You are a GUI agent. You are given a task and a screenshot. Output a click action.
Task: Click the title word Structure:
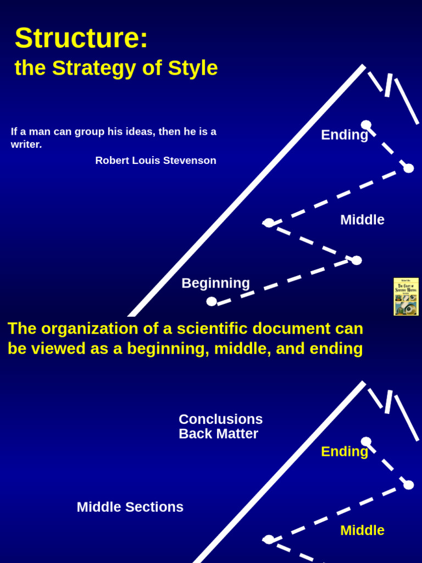[81, 38]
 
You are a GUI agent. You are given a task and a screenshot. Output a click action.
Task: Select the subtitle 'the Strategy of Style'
[116, 68]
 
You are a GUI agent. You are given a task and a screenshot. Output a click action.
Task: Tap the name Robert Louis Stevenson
[156, 161]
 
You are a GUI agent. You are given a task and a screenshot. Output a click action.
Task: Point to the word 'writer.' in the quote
[26, 145]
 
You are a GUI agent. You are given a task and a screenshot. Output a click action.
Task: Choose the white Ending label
[344, 135]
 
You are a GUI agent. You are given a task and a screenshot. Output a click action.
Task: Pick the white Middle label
[362, 220]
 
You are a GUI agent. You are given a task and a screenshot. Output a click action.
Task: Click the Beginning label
[215, 283]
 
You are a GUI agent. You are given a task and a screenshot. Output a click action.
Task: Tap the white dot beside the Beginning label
[212, 301]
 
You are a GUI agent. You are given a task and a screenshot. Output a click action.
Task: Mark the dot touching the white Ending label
[366, 125]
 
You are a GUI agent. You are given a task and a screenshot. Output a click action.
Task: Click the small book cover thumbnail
[406, 297]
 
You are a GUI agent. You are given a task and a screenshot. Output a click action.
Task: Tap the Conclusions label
[220, 420]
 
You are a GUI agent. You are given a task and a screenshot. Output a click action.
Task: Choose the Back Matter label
[218, 434]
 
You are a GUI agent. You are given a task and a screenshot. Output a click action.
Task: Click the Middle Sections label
[130, 507]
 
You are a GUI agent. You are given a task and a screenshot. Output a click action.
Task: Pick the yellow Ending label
[344, 452]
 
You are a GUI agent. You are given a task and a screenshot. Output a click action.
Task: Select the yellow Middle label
[362, 531]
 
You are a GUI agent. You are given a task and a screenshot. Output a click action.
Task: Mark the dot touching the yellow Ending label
[366, 441]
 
